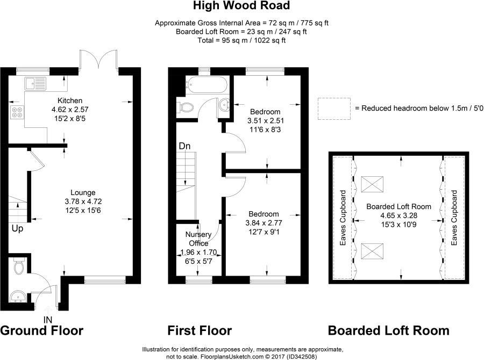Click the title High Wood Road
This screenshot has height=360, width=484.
[x=241, y=6]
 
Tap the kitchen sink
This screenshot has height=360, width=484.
[x=33, y=83]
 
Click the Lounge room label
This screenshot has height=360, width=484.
[x=83, y=192]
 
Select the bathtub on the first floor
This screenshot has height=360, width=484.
[x=207, y=85]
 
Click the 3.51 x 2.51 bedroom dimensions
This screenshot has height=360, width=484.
[x=265, y=121]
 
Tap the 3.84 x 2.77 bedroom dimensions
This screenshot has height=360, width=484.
[x=264, y=222]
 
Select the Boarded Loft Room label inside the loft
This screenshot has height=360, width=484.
[x=398, y=206]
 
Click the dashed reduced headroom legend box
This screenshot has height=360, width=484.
[x=333, y=109]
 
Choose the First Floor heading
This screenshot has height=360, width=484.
[x=200, y=330]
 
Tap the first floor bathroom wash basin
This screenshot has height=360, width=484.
[x=225, y=105]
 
